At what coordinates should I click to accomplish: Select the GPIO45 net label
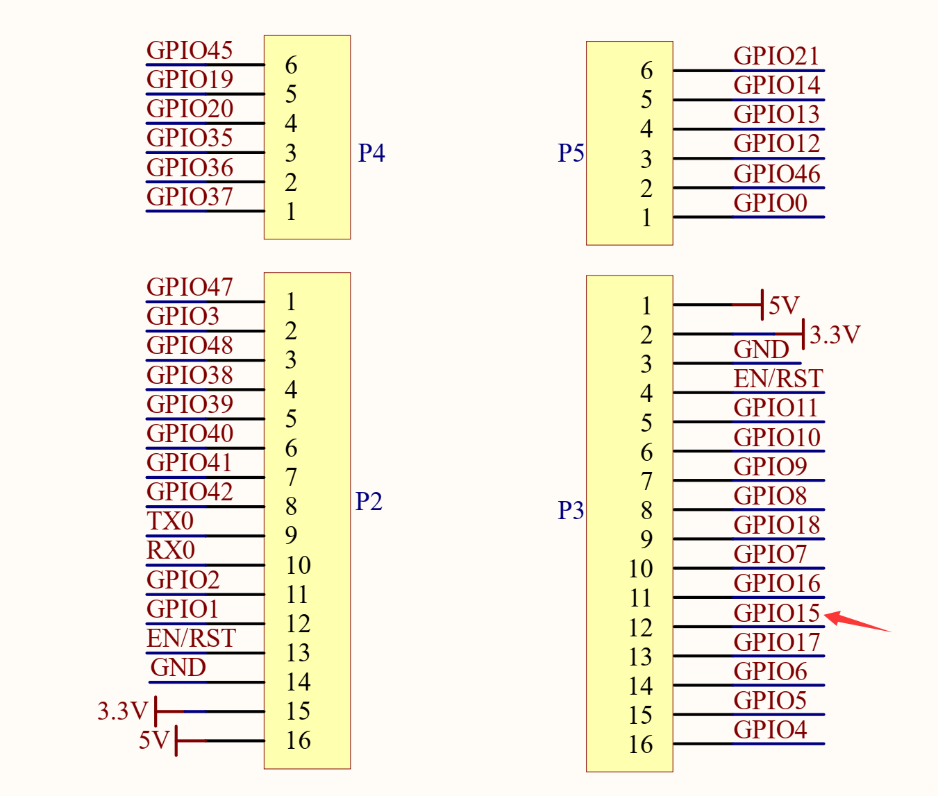coord(190,51)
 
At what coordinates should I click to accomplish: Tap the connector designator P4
coord(371,153)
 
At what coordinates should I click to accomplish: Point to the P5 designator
coord(571,153)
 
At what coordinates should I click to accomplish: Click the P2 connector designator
coord(369,501)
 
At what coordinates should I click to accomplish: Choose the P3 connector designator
coord(571,510)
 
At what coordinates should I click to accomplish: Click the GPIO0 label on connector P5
coord(770,203)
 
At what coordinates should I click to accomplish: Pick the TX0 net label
coord(170,521)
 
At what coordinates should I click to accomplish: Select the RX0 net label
coord(171,550)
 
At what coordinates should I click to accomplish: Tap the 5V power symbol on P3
coord(783,305)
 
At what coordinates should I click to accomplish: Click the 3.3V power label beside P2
coord(123,711)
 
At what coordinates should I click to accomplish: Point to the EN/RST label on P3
coord(778,379)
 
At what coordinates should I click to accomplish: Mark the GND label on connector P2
coord(178,668)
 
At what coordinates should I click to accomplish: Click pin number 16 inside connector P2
coord(298,740)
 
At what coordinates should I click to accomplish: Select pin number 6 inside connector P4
coord(291,65)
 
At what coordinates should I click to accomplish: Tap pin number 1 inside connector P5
coord(646,218)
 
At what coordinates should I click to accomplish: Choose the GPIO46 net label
coord(777,174)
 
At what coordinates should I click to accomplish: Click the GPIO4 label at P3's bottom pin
coord(770,730)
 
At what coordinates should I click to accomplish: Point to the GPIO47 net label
coord(190,287)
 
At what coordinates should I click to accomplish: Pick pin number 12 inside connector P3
coord(640,628)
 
